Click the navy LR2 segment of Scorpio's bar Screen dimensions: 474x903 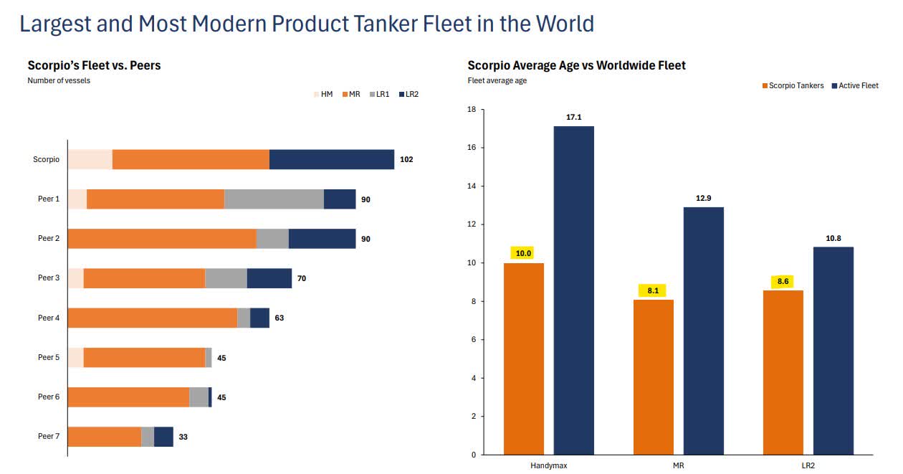coord(332,159)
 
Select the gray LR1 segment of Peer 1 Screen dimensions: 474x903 coord(274,199)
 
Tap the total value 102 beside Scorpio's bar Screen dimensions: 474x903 coord(406,159)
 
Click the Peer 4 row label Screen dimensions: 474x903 coord(49,318)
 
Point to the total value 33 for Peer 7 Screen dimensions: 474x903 coord(183,437)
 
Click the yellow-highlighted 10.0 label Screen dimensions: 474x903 coord(523,253)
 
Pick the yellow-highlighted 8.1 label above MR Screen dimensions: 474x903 coord(652,290)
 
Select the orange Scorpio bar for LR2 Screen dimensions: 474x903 coord(783,372)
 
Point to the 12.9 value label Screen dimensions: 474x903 coord(703,197)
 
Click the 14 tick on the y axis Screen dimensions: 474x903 coord(471,186)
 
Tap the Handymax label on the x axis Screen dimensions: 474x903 coord(549,465)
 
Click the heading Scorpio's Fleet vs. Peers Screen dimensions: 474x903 coord(94,65)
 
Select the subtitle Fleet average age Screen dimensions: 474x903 coord(497,80)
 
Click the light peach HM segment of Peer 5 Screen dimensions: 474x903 coord(75,358)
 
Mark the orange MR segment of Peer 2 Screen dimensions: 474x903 coord(162,239)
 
